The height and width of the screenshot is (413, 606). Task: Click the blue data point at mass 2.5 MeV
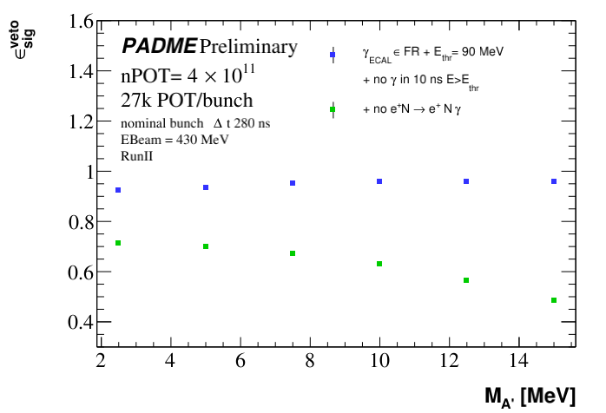118,190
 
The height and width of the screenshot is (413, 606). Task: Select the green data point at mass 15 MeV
554,300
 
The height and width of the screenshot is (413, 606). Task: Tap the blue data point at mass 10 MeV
379,181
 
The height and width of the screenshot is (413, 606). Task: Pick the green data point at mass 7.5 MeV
293,253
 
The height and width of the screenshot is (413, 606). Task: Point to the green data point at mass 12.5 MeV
466,280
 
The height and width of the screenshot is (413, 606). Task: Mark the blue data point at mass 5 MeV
206,187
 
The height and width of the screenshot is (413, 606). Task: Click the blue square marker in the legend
333,55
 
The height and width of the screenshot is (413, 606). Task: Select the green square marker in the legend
333,109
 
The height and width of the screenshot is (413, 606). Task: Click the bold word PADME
159,46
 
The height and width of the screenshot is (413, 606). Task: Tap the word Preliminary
248,46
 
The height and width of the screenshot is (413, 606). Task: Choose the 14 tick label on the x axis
518,361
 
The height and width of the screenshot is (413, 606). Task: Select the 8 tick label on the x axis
310,361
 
